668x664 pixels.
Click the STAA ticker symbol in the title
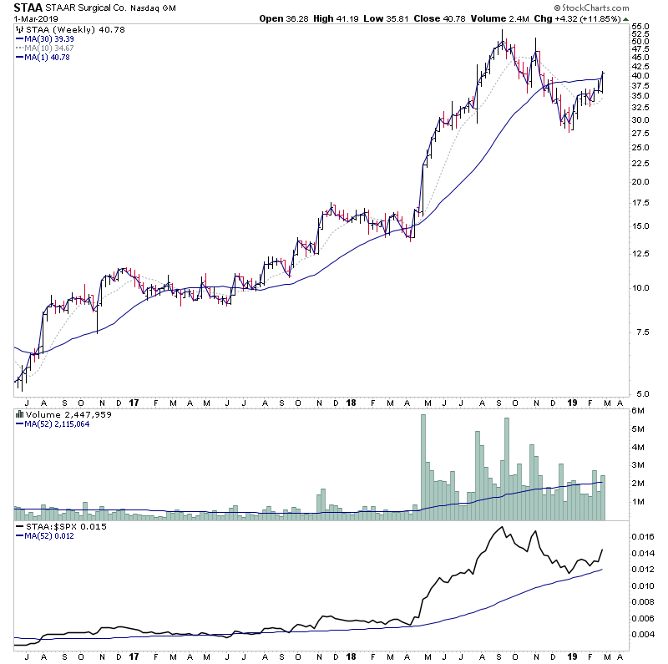tap(29, 8)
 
